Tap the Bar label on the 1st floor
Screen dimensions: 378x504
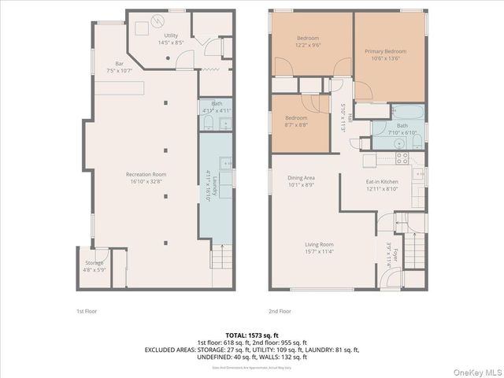[x=120, y=67]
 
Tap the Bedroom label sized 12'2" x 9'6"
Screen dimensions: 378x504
[x=308, y=42]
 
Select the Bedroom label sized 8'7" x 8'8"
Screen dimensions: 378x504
[x=296, y=121]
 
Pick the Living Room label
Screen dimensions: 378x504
[x=320, y=247]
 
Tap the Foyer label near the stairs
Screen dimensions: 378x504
[x=391, y=256]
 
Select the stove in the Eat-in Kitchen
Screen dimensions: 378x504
[x=401, y=157]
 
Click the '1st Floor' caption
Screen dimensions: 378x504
[x=86, y=311]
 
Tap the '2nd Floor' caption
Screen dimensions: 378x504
[x=280, y=311]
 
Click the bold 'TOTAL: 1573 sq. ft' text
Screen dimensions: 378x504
[x=251, y=335]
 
